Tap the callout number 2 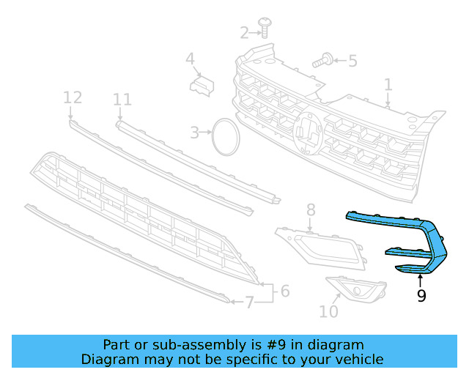tap(244, 32)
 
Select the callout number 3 tap(194, 133)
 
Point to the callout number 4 tap(190, 59)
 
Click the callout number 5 tap(352, 61)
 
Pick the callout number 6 tap(284, 291)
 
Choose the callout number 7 tap(249, 301)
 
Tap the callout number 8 tap(310, 210)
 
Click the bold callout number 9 tap(421, 296)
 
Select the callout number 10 tap(329, 311)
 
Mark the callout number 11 tap(122, 99)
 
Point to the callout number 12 tap(72, 97)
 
